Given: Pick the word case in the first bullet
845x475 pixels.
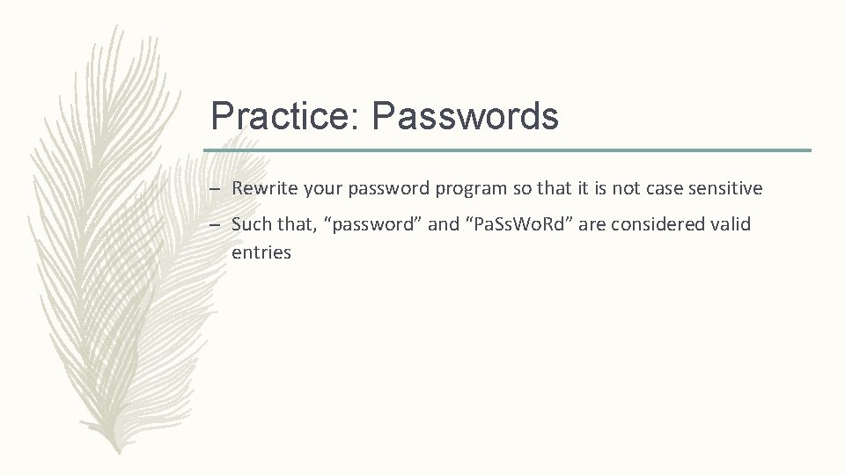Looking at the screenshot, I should [666, 188].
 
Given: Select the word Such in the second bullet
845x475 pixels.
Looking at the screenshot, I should [251, 224].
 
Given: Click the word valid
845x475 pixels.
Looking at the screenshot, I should [731, 224].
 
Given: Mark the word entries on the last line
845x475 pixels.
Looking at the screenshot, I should [261, 252].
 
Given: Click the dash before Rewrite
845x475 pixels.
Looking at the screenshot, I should [216, 188].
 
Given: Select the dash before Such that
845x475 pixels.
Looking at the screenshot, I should [216, 224].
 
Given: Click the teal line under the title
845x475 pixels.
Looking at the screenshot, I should [507, 150].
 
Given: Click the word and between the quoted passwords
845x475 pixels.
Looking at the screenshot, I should [444, 224].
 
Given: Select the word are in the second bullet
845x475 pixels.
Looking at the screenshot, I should [591, 224].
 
